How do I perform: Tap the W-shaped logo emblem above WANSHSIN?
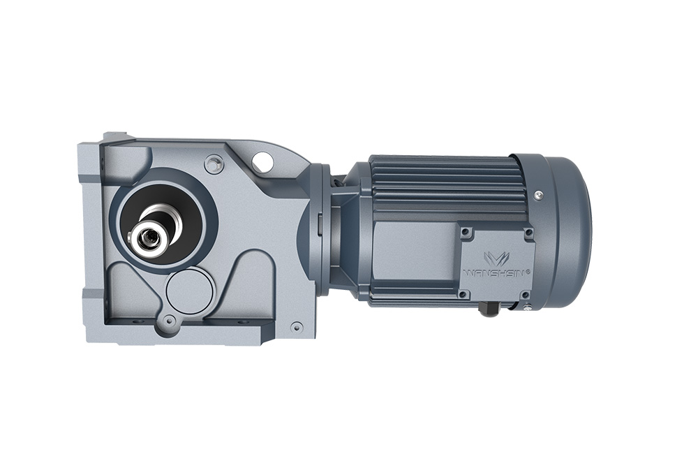(496, 259)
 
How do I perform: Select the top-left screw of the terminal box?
(465, 232)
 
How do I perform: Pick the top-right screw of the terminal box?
(528, 233)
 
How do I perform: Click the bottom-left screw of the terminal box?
(463, 294)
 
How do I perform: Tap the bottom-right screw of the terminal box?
(526, 294)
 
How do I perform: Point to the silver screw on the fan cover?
(539, 194)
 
